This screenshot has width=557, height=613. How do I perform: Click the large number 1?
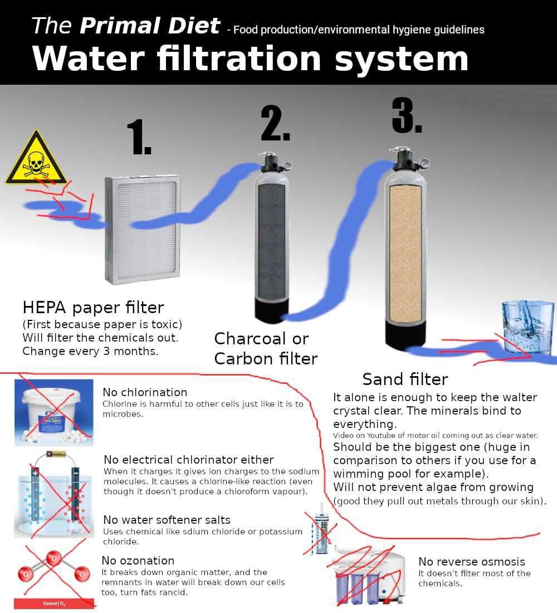click(x=139, y=137)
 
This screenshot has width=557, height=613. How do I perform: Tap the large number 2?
click(x=275, y=123)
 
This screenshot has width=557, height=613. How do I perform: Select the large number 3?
click(x=407, y=115)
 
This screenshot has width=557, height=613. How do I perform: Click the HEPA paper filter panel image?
click(x=143, y=229)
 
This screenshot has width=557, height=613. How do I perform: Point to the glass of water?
click(x=527, y=327)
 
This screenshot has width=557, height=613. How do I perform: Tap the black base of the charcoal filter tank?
click(x=272, y=311)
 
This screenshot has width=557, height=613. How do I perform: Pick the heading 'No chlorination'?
click(x=145, y=392)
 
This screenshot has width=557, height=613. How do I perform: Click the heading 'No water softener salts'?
click(x=167, y=519)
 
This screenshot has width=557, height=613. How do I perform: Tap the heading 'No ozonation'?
click(x=138, y=560)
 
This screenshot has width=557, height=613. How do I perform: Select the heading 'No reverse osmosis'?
click(x=471, y=561)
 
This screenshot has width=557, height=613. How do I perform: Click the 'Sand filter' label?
click(x=405, y=379)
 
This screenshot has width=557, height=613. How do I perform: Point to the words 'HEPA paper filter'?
click(x=93, y=308)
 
